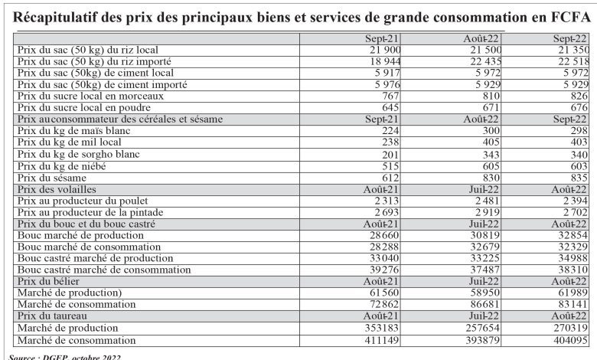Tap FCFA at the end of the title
571,17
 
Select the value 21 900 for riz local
385,50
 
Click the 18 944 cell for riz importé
385,61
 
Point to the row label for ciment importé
103,84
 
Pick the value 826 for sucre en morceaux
579,96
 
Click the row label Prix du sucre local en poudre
84,108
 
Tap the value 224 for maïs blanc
390,131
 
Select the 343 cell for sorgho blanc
491,155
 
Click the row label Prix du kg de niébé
62,166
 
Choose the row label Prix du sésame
52,178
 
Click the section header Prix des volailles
57,189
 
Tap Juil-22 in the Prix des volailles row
484,189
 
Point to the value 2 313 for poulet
387,201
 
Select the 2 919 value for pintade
488,212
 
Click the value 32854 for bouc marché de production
573,235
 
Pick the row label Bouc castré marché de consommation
104,270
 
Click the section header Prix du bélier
48,281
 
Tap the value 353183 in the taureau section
382,328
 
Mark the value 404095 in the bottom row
570,340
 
